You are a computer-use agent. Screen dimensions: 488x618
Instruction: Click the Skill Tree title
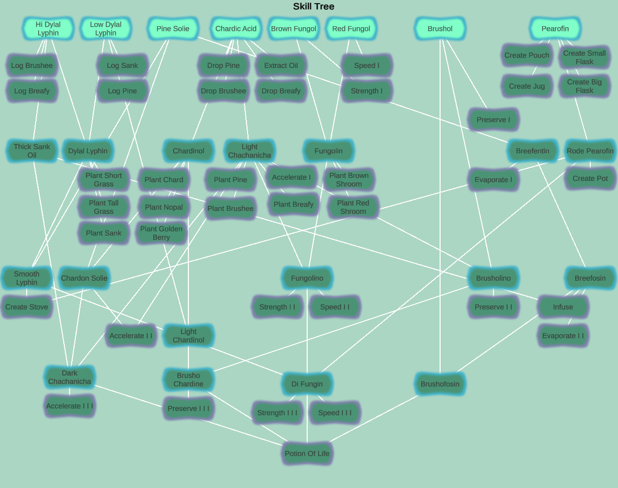pyautogui.click(x=313, y=7)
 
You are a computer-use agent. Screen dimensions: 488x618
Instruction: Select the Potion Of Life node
pyautogui.click(x=307, y=453)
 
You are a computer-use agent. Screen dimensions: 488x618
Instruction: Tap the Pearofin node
pyautogui.click(x=555, y=29)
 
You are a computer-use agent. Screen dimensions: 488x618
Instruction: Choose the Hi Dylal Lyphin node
pyautogui.click(x=48, y=29)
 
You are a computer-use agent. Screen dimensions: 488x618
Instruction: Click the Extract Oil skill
pyautogui.click(x=281, y=65)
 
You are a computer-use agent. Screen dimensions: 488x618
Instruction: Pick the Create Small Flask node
pyautogui.click(x=585, y=58)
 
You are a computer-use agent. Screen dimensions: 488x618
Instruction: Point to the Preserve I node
pyautogui.click(x=493, y=120)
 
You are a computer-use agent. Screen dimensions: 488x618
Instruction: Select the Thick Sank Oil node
pyautogui.click(x=32, y=151)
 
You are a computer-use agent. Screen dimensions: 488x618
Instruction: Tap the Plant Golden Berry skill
pyautogui.click(x=161, y=233)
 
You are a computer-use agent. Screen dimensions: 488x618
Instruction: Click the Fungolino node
pyautogui.click(x=307, y=278)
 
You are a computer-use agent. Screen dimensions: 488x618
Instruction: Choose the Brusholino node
pyautogui.click(x=493, y=278)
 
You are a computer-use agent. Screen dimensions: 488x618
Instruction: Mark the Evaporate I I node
pyautogui.click(x=563, y=336)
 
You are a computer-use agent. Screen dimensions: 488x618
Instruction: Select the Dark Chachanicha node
pyautogui.click(x=70, y=378)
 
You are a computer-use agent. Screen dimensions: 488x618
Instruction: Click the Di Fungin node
pyautogui.click(x=307, y=384)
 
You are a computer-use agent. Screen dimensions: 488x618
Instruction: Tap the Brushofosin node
pyautogui.click(x=440, y=384)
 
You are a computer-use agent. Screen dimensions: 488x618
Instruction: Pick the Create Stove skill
pyautogui.click(x=27, y=307)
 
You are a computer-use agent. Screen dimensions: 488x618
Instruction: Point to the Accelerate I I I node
pyautogui.click(x=70, y=406)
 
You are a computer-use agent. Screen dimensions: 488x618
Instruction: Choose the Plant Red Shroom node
pyautogui.click(x=353, y=207)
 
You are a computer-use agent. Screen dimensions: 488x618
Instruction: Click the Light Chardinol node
pyautogui.click(x=188, y=336)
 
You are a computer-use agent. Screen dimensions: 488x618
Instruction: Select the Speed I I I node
pyautogui.click(x=335, y=413)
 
